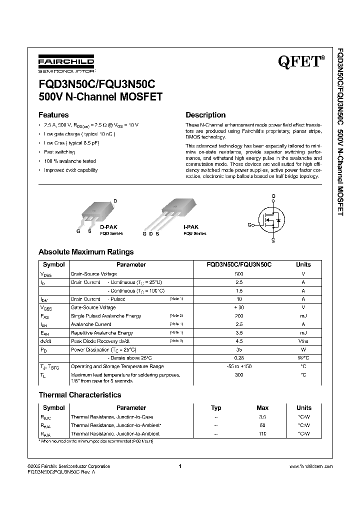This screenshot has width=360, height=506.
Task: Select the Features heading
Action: (53, 114)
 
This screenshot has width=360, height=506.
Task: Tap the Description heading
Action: (205, 114)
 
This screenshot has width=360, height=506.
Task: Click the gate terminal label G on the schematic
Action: (249, 224)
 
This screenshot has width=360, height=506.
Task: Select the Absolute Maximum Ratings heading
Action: (86, 252)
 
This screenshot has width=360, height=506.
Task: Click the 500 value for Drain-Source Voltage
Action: (239, 274)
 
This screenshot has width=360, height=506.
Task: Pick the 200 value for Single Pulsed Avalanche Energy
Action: (239, 316)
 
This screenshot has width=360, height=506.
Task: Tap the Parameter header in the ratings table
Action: (131, 264)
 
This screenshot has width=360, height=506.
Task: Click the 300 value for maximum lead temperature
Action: (239, 374)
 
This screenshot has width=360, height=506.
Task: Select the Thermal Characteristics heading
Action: (80, 395)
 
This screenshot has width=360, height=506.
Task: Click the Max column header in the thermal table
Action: (262, 407)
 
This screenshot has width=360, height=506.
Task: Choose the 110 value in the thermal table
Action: (262, 433)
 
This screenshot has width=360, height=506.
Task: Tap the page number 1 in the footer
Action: (179, 466)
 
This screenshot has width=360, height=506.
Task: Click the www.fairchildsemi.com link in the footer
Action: (310, 466)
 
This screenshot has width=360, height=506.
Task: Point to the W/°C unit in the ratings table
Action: (303, 358)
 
